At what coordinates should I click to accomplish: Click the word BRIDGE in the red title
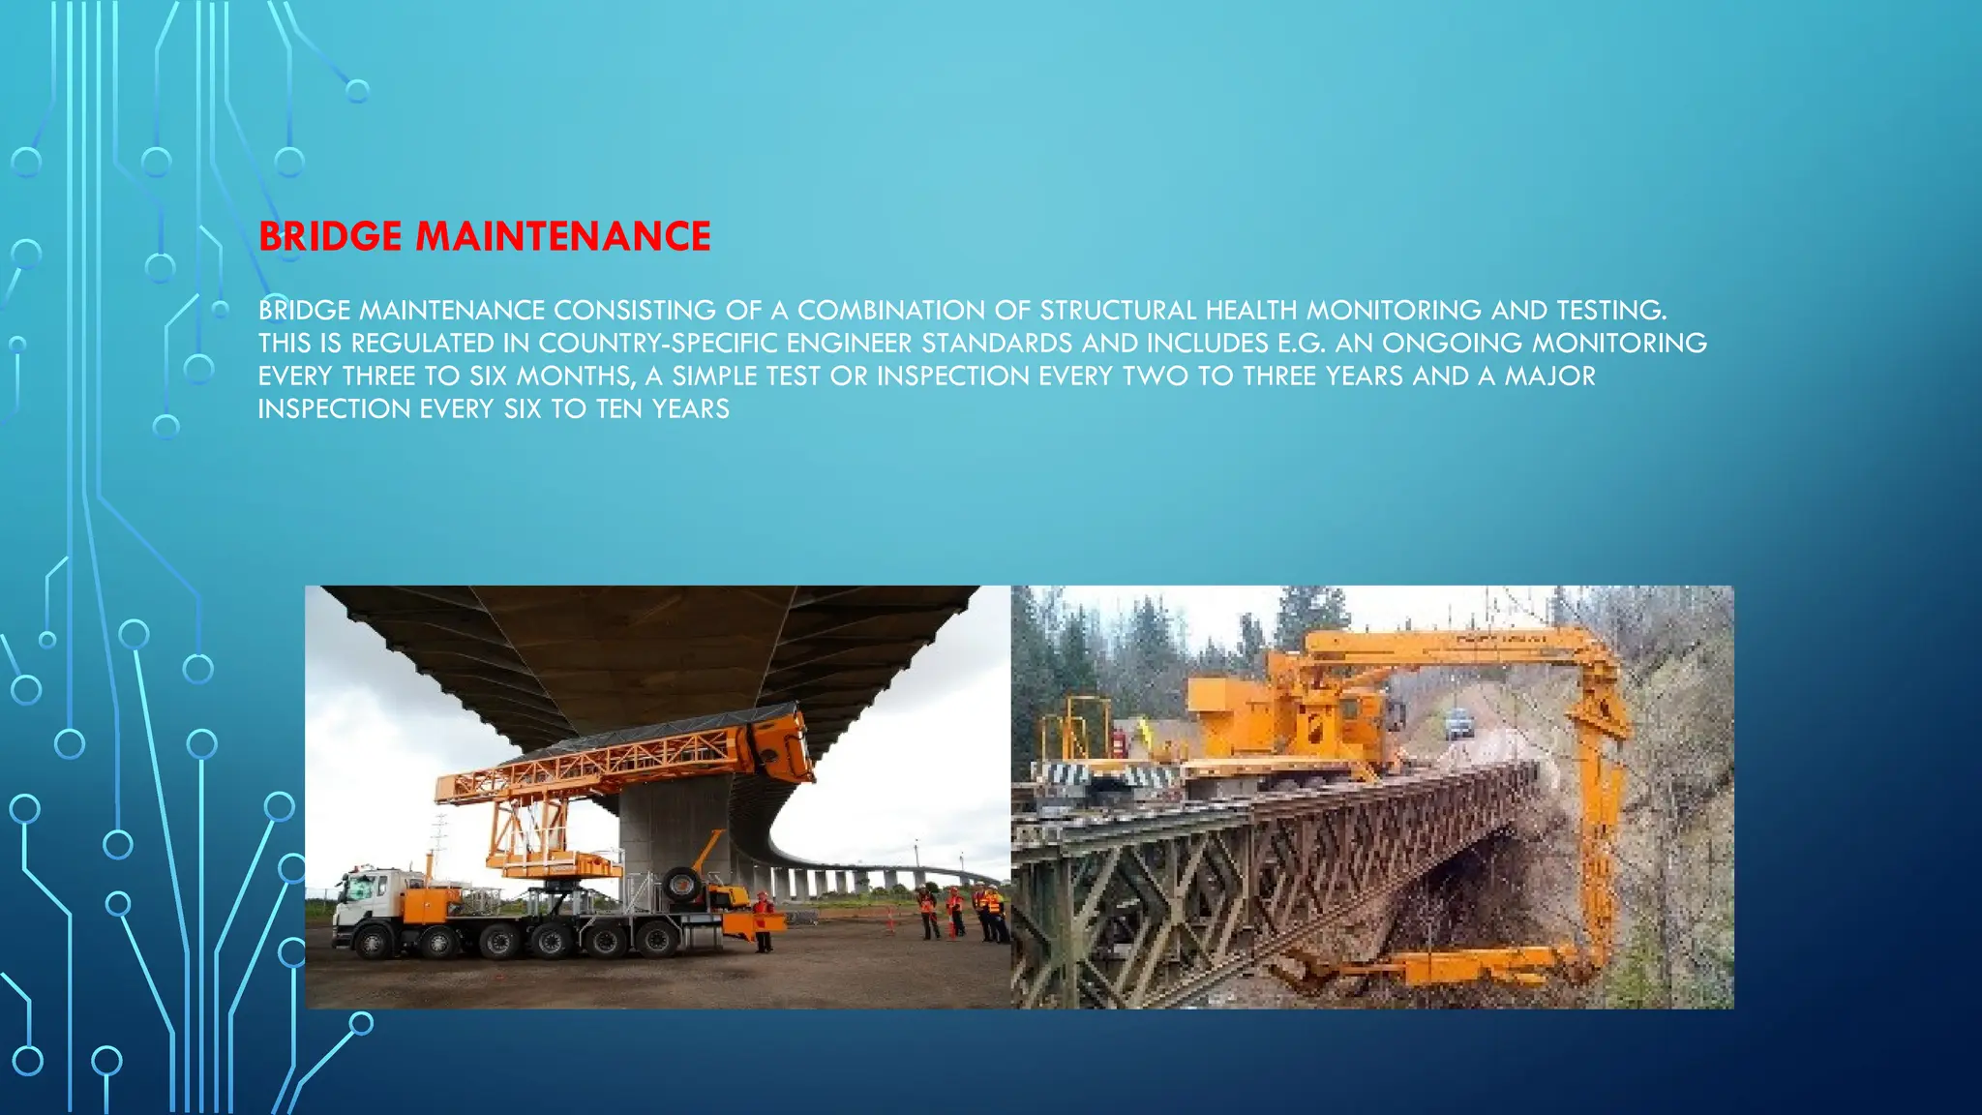point(330,237)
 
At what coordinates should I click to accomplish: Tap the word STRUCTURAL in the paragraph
point(1118,311)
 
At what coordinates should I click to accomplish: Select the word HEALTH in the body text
point(1251,311)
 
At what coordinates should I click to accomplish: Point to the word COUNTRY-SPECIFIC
point(657,344)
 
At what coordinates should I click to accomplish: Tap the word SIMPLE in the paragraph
point(714,377)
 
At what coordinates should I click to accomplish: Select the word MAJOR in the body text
point(1549,377)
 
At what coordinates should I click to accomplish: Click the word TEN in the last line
point(619,409)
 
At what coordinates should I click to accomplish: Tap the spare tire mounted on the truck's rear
point(682,885)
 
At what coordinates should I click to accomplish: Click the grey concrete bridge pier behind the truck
point(668,832)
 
